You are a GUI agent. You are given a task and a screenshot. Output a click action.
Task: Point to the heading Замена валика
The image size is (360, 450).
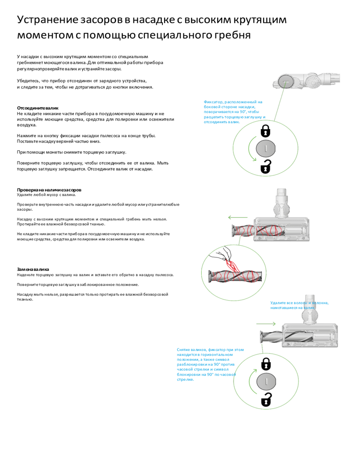pyautogui.click(x=33, y=269)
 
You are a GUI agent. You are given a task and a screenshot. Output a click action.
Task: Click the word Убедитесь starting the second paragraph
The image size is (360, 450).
pyautogui.click(x=28, y=81)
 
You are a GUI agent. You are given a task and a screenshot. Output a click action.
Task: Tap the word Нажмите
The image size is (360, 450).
pyautogui.click(x=27, y=136)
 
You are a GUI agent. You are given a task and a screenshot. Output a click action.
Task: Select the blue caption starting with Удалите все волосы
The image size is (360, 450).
pyautogui.click(x=299, y=305)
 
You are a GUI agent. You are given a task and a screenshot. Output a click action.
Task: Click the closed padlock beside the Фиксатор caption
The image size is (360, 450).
pyautogui.click(x=266, y=130)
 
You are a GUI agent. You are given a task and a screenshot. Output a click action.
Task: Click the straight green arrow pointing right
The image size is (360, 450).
pyautogui.click(x=265, y=323)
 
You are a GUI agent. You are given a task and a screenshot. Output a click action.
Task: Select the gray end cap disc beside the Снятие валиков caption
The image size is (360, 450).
pyautogui.click(x=266, y=381)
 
